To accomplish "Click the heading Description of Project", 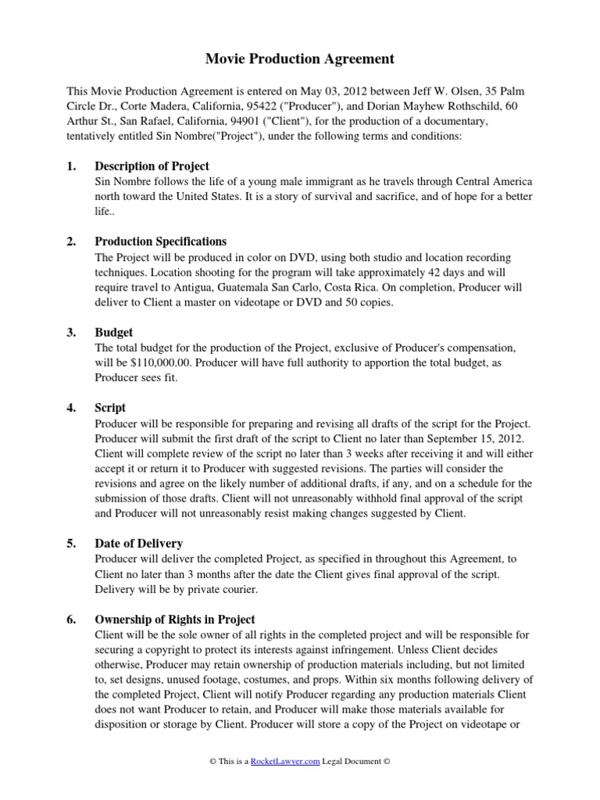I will (x=152, y=166).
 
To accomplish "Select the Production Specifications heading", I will (x=160, y=242).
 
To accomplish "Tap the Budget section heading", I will (x=114, y=332).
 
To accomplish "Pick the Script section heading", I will (x=110, y=408).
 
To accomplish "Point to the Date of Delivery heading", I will (x=139, y=544).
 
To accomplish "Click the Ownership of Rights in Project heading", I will (x=174, y=620).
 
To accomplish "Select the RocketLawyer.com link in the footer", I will (x=285, y=762).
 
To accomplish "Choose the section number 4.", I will (x=71, y=408).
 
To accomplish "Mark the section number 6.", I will (x=71, y=620).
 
